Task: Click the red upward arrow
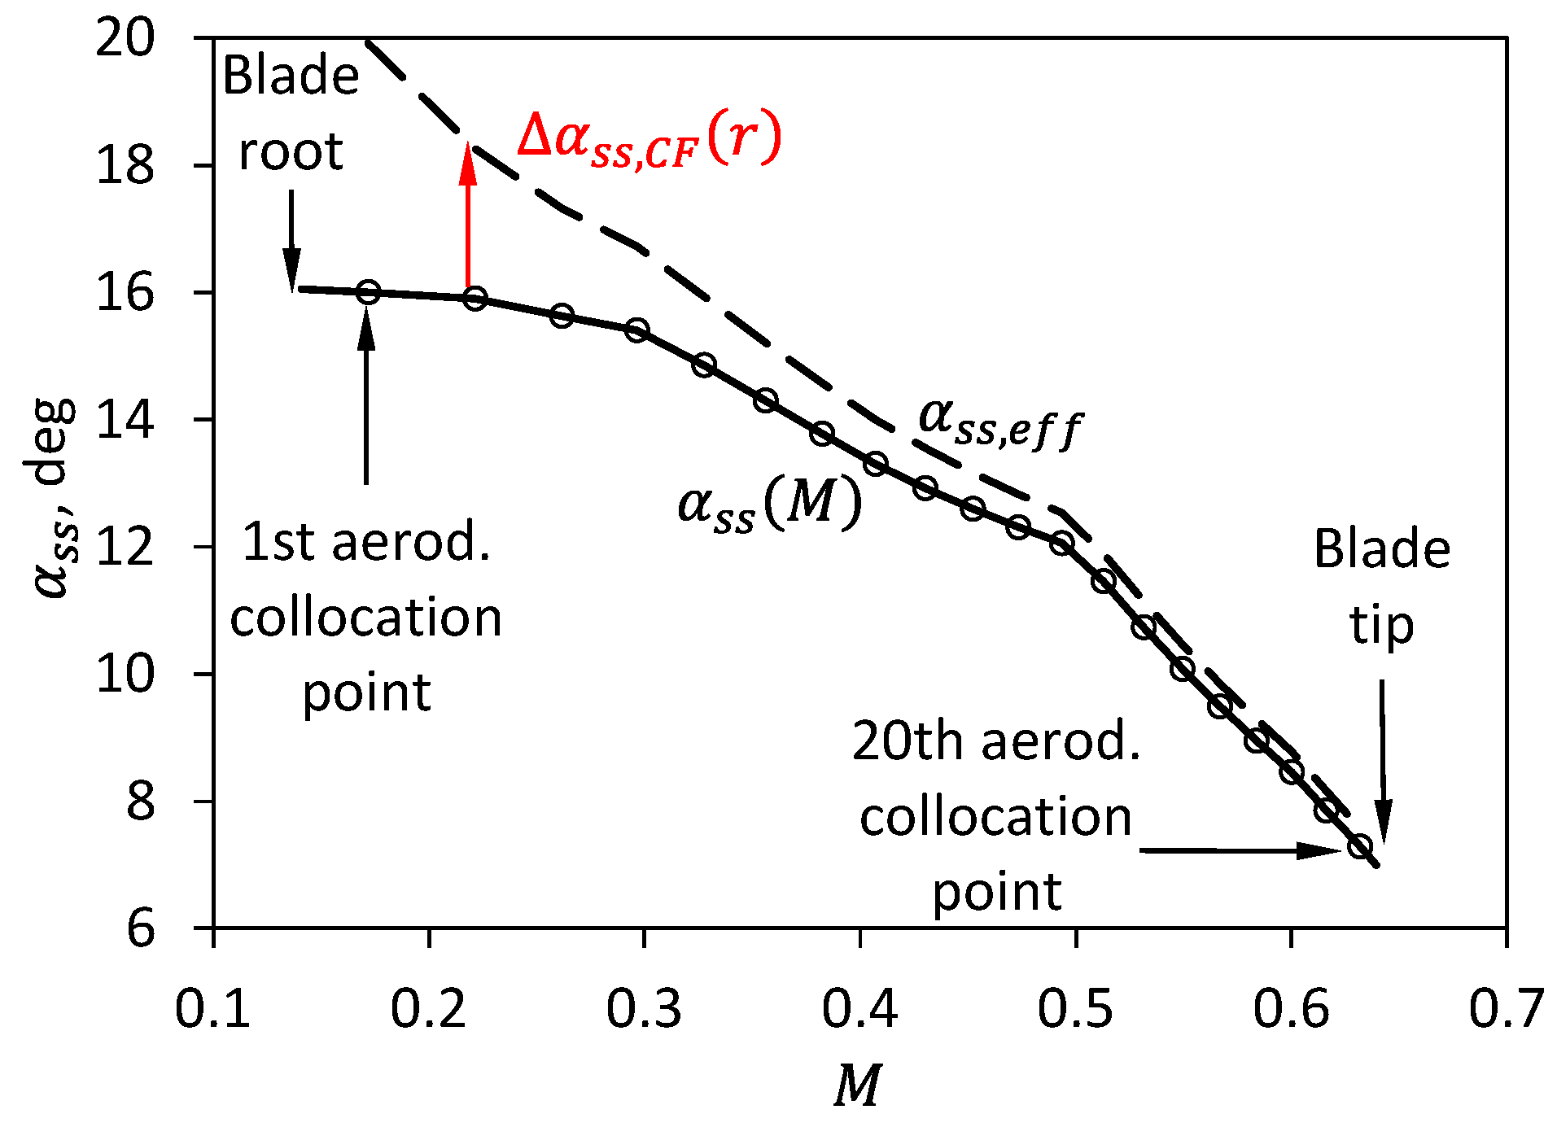[x=467, y=216]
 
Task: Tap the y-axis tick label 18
[x=125, y=165]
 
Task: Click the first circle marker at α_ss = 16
[x=369, y=292]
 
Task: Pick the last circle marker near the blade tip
[x=1360, y=847]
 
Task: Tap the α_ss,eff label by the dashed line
[x=1000, y=422]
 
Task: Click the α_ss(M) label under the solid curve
[x=769, y=504]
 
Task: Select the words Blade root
[x=291, y=113]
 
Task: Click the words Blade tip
[x=1381, y=586]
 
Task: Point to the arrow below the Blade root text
[x=291, y=240]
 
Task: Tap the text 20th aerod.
[x=996, y=741]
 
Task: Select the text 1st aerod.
[x=366, y=542]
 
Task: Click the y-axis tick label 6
[x=140, y=928]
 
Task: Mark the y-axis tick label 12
[x=125, y=547]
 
